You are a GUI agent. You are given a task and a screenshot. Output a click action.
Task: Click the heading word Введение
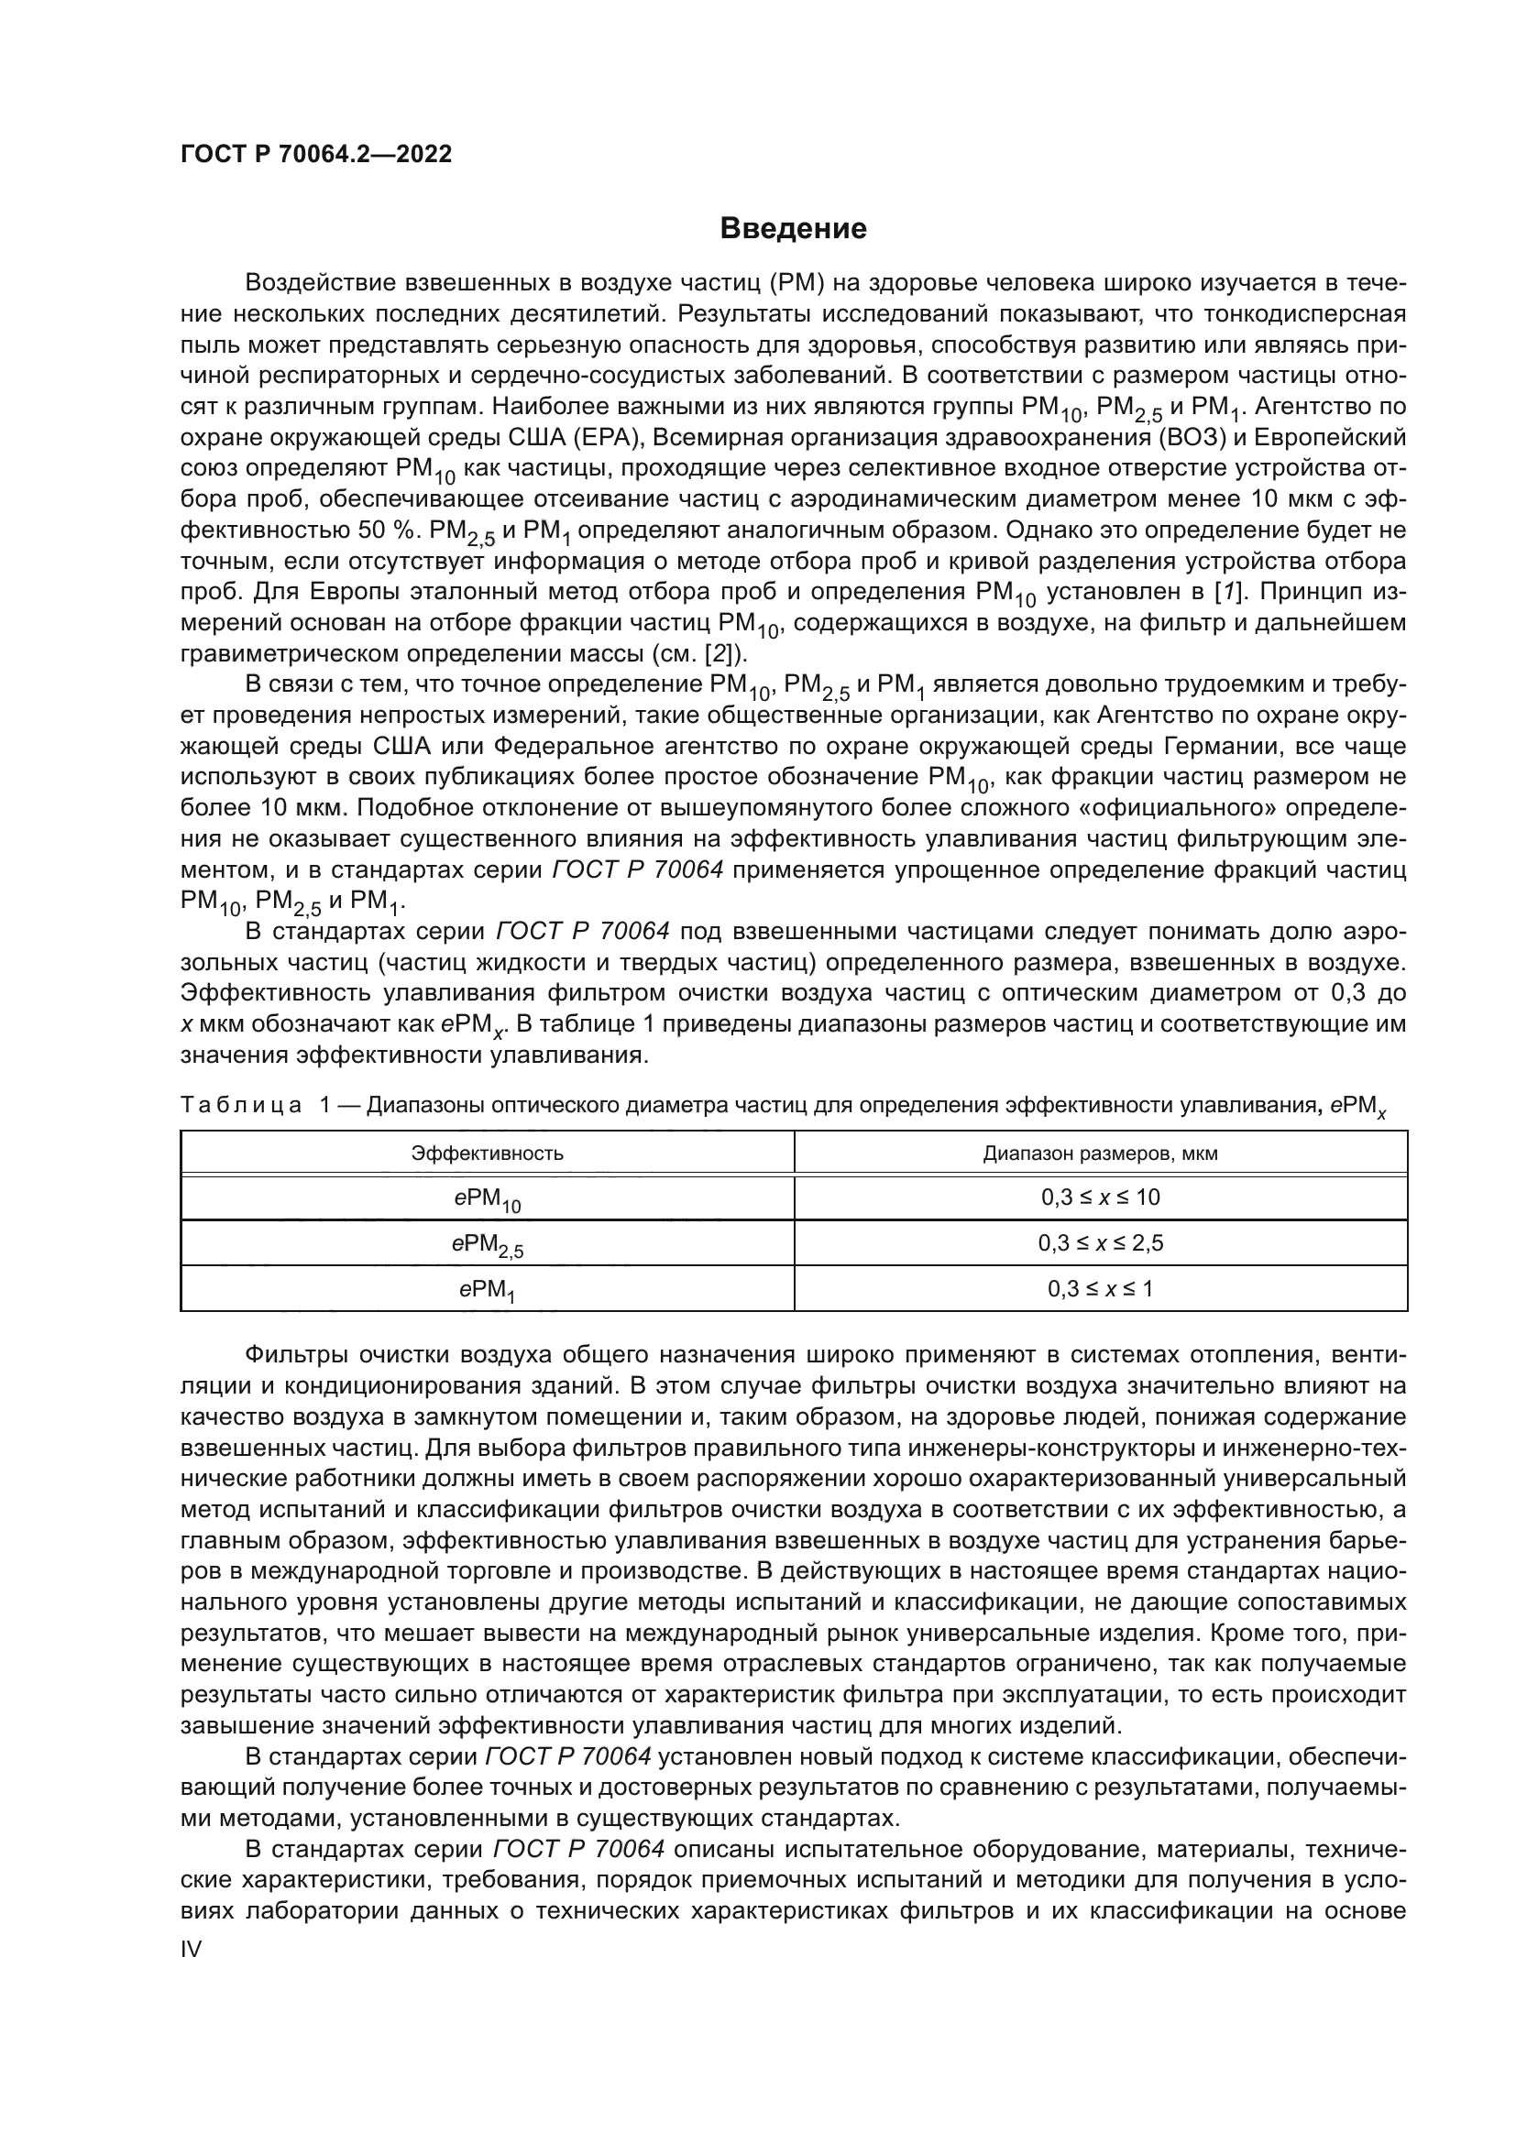(x=793, y=229)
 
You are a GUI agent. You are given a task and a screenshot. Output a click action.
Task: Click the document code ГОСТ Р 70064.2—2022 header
(x=315, y=155)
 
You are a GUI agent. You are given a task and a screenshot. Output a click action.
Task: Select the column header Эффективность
(x=488, y=1153)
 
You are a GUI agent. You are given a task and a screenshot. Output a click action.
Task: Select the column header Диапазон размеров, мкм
(x=1100, y=1153)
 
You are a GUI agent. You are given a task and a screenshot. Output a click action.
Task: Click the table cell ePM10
(x=488, y=1199)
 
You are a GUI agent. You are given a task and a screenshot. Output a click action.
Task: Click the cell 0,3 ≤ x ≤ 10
(x=1100, y=1197)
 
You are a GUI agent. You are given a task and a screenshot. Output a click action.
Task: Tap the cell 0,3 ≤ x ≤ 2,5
(x=1100, y=1243)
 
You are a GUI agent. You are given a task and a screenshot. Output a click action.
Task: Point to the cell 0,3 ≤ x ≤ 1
(x=1100, y=1289)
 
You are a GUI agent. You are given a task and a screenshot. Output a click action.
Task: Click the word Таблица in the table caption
(x=240, y=1106)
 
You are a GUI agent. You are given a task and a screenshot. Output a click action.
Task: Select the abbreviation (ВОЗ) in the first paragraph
(x=1099, y=438)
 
